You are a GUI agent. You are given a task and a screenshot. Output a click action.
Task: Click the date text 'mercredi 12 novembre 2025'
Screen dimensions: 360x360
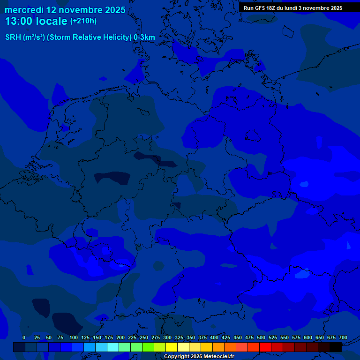[65, 10]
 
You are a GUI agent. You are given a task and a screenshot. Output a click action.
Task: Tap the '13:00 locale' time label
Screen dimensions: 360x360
[36, 21]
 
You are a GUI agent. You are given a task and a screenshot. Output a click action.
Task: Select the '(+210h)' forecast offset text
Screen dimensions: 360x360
[83, 21]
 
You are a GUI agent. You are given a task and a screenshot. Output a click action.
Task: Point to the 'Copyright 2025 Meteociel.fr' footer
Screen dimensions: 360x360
[199, 357]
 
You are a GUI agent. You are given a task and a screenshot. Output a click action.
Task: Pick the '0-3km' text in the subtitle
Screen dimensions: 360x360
[144, 37]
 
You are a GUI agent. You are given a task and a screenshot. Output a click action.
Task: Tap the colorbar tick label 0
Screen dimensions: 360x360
[24, 337]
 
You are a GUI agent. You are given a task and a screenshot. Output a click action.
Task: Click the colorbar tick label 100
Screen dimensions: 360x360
[74, 337]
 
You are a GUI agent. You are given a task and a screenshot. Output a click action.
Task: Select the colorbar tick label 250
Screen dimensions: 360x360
[144, 337]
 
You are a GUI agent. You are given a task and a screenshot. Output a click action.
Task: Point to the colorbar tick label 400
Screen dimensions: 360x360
[214, 337]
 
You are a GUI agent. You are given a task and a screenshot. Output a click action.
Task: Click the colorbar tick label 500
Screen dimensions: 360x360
[261, 337]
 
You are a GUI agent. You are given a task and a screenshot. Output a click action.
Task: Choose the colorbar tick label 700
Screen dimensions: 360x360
[343, 337]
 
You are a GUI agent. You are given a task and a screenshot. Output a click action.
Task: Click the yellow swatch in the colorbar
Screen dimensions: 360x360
[172, 347]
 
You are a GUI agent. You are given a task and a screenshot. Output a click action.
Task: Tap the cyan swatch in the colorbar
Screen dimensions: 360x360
[113, 347]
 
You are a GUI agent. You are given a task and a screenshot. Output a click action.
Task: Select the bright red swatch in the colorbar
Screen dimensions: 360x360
[265, 347]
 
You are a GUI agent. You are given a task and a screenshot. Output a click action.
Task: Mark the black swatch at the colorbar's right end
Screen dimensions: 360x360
[336, 347]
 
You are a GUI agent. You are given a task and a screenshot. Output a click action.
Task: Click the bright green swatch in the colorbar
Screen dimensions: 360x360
[148, 347]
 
